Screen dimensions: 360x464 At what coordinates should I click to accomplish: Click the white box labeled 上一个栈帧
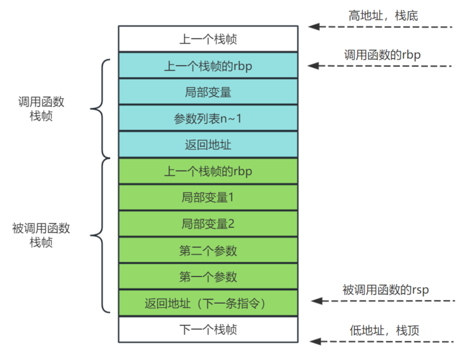coord(208,39)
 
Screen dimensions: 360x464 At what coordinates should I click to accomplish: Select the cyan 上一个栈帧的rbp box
coord(208,66)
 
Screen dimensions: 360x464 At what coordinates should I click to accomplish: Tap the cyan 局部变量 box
coord(208,92)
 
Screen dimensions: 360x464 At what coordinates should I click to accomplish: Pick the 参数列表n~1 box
coord(208,118)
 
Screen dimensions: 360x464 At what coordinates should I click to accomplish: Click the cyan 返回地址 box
coord(208,144)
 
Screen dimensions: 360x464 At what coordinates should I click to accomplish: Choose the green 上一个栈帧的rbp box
coord(208,171)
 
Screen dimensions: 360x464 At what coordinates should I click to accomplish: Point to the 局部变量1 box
coord(208,197)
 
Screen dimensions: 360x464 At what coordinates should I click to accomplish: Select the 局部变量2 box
coord(208,224)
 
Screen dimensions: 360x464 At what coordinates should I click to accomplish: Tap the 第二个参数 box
coord(208,250)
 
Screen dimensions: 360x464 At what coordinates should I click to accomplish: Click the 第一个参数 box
coord(208,277)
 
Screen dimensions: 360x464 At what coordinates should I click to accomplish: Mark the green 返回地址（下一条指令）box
coord(208,303)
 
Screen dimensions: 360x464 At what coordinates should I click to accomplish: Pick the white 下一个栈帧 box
coord(208,329)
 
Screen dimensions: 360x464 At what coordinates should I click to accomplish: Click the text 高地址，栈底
coord(383,15)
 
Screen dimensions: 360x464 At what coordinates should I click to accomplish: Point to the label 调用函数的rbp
coord(383,54)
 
